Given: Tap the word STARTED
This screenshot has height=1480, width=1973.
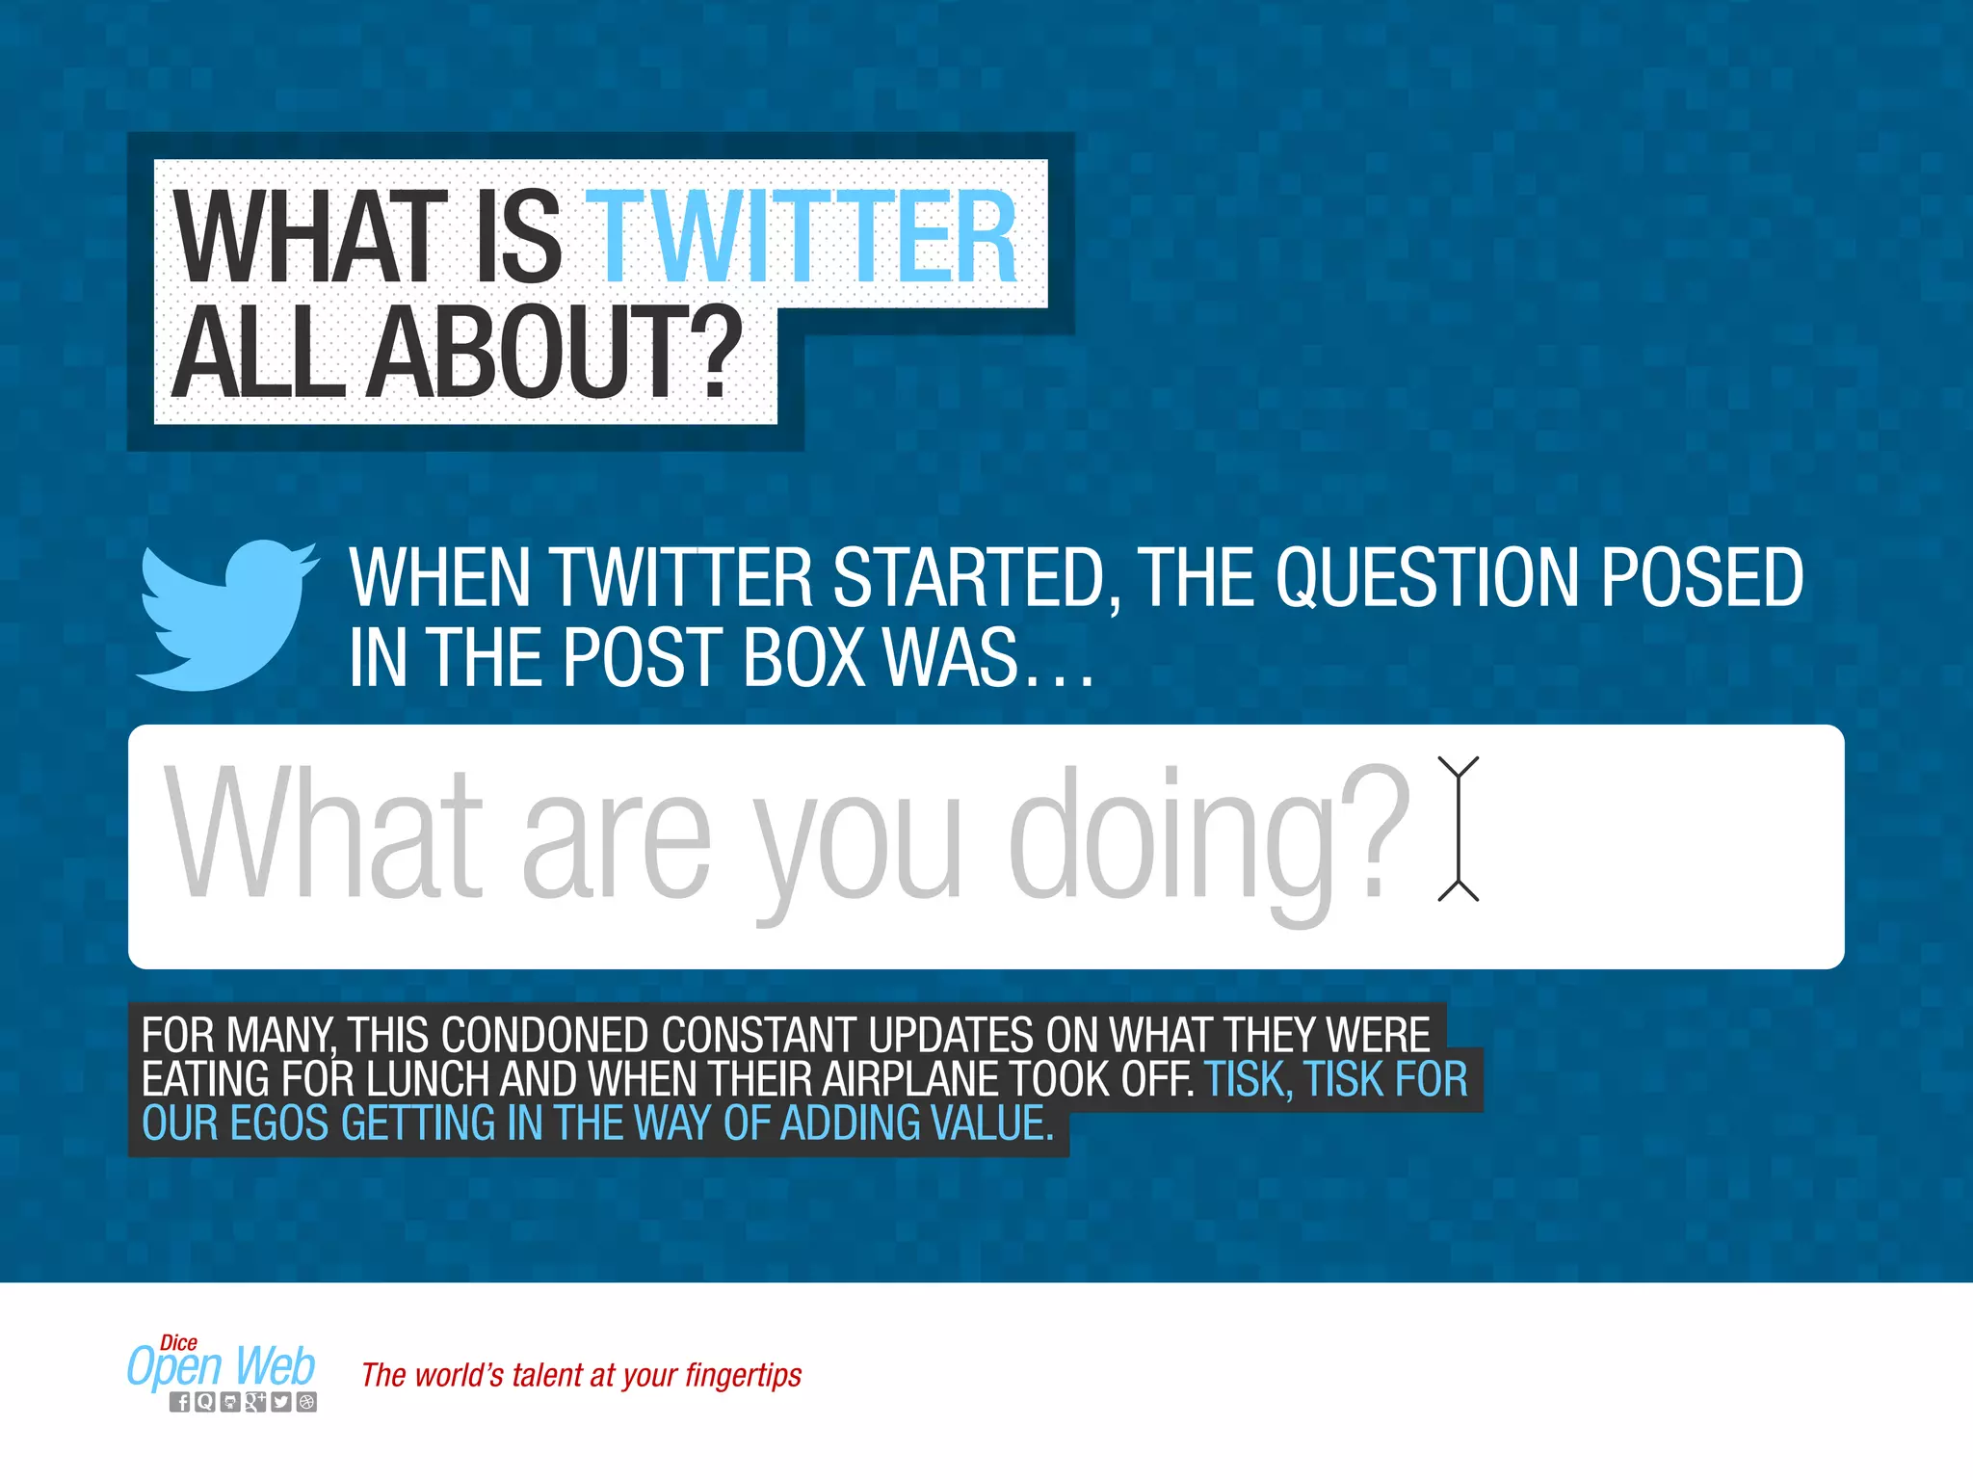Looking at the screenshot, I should click(x=968, y=578).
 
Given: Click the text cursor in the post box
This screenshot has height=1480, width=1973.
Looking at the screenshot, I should click(x=1458, y=829).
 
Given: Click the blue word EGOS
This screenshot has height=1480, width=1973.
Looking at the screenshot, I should click(x=278, y=1124).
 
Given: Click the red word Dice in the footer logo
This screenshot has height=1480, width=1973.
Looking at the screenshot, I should click(x=178, y=1342).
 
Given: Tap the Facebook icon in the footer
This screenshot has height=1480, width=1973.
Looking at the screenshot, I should click(x=179, y=1403).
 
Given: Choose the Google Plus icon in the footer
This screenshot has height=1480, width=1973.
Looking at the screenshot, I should click(x=254, y=1403).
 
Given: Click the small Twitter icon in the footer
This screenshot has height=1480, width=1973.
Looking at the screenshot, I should click(x=280, y=1403).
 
